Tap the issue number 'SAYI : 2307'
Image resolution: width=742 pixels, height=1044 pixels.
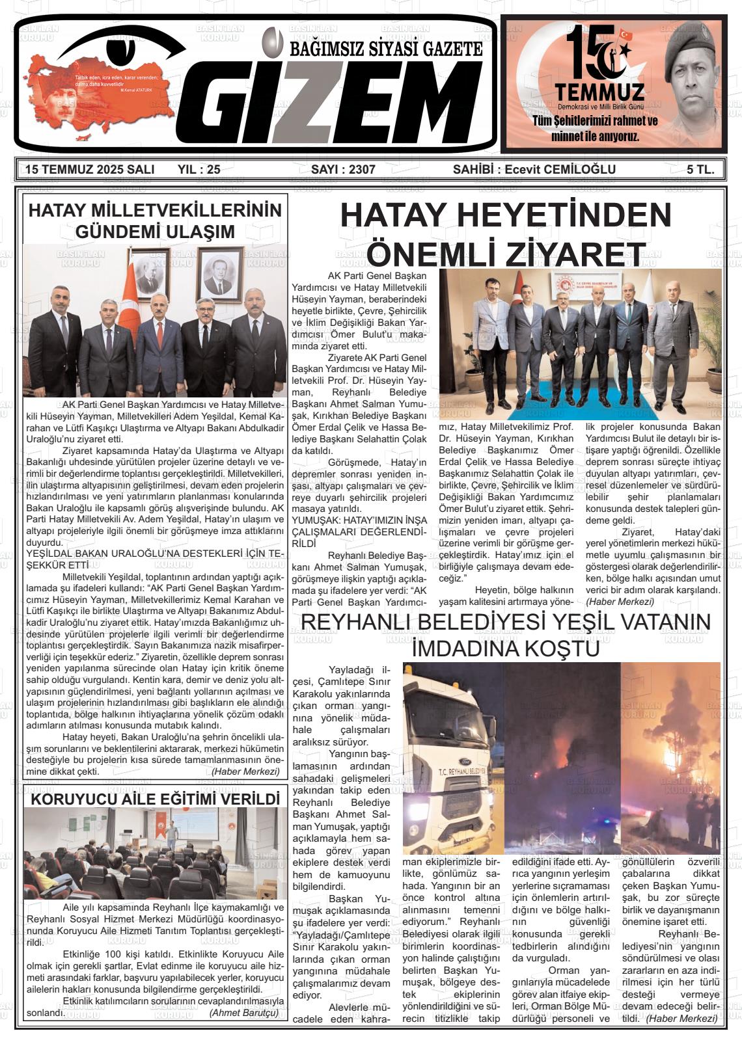pyautogui.click(x=343, y=170)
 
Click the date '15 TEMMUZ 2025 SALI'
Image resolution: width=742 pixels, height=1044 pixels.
pyautogui.click(x=89, y=170)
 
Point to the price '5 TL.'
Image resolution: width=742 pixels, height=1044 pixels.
pyautogui.click(x=700, y=170)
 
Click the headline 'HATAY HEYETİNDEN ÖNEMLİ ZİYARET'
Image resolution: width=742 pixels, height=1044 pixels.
pyautogui.click(x=505, y=234)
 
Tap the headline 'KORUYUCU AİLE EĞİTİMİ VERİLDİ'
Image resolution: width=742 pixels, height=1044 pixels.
pyautogui.click(x=155, y=798)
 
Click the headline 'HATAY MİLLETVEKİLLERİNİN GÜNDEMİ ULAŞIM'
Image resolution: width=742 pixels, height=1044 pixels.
pyautogui.click(x=155, y=221)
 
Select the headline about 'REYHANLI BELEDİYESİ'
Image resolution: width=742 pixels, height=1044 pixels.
pyautogui.click(x=505, y=635)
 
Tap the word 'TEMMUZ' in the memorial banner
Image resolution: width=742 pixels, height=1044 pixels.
pyautogui.click(x=600, y=92)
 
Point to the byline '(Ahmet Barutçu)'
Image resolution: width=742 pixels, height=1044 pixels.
pyautogui.click(x=243, y=1013)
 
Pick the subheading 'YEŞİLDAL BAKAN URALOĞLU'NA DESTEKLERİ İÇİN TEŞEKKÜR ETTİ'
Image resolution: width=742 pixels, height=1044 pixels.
pyautogui.click(x=155, y=559)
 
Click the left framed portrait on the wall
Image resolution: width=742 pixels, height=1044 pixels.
pyautogui.click(x=148, y=273)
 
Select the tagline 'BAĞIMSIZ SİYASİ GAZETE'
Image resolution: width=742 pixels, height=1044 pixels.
pyautogui.click(x=386, y=49)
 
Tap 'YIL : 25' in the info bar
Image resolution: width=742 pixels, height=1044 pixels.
pyautogui.click(x=199, y=170)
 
